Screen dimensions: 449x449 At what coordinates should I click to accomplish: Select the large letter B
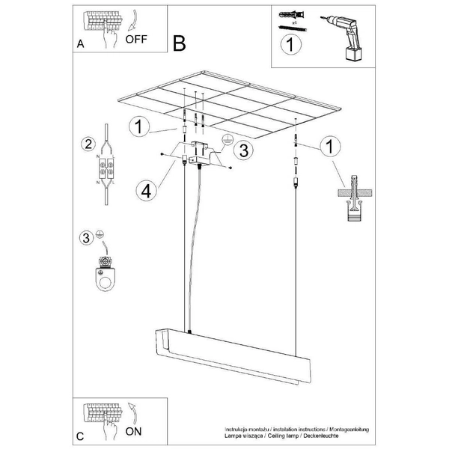(x=179, y=43)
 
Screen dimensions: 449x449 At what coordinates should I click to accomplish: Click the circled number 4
(x=147, y=190)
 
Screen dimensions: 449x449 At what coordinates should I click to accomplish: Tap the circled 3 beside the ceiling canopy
(x=241, y=150)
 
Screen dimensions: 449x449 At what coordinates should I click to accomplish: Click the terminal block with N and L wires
(x=106, y=170)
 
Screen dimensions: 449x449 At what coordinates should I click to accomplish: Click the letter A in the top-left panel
(x=81, y=44)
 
